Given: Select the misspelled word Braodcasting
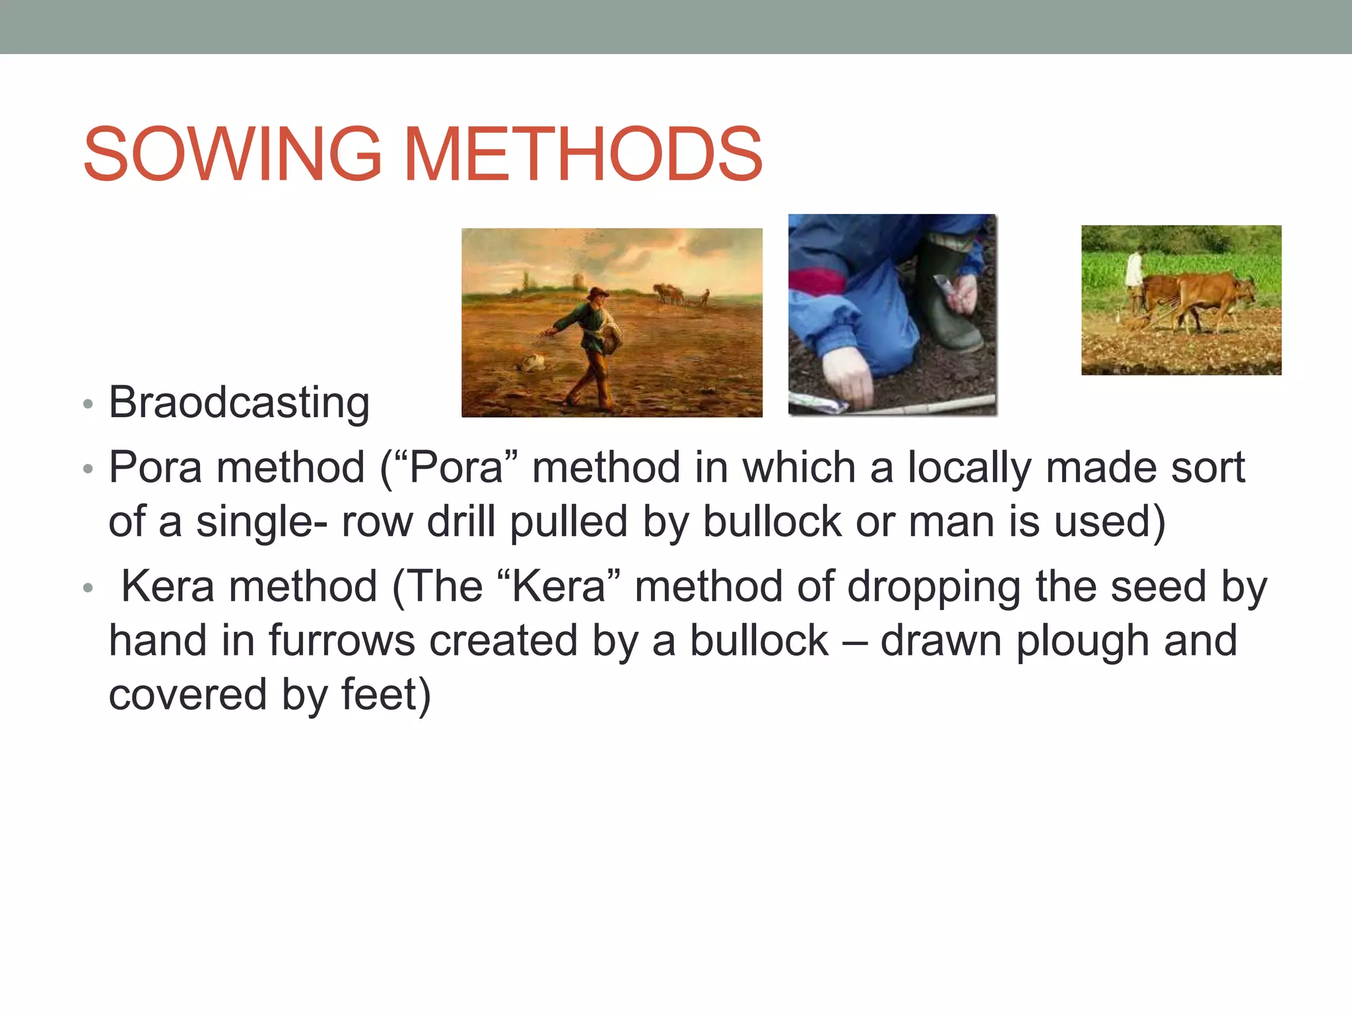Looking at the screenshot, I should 239,402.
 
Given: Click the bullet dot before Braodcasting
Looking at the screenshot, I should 88,404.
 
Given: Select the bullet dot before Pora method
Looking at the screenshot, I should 88,469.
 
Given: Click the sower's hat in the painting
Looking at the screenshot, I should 599,292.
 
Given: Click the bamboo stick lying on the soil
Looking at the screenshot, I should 937,403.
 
